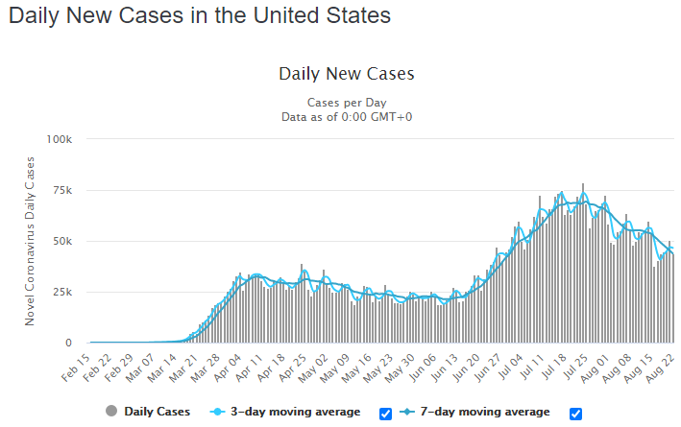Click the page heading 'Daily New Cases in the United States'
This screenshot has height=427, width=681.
tap(200, 15)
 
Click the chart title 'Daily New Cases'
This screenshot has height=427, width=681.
tap(347, 74)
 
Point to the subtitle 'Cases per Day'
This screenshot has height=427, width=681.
tap(347, 103)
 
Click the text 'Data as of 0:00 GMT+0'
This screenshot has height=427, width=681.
tap(347, 117)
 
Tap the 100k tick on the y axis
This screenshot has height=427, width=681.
tap(59, 139)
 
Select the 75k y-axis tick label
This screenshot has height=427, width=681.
tap(62, 191)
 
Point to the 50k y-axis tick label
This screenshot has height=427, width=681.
tap(62, 241)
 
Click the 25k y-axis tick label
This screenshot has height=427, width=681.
tap(62, 292)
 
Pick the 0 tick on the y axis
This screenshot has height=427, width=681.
tap(68, 343)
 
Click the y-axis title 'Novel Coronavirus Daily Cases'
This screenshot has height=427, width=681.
tap(30, 241)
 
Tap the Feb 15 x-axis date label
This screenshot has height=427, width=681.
tap(76, 368)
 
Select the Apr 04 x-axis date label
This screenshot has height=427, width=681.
tap(227, 368)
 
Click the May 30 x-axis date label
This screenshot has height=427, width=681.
tap(400, 368)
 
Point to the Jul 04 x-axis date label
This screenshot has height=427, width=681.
tap(509, 367)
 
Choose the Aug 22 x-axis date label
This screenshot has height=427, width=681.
tap(660, 368)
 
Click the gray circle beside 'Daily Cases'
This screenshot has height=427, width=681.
tap(111, 411)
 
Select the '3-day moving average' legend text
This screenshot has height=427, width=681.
tap(295, 412)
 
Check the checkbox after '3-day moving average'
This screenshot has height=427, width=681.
tap(385, 414)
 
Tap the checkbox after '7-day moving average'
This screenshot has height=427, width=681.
tap(575, 414)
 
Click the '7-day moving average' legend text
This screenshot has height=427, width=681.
tap(485, 412)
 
